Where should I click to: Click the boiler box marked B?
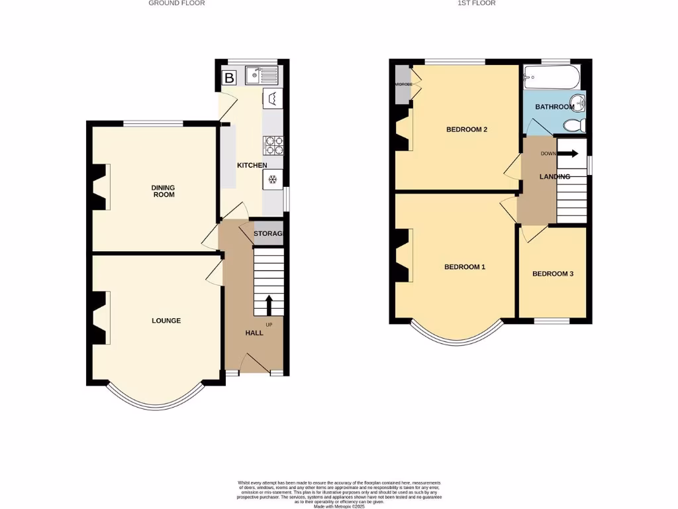click(229, 78)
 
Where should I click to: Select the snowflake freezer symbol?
click(271, 178)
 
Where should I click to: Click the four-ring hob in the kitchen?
click(272, 144)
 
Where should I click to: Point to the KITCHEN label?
click(252, 165)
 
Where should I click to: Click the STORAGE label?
click(268, 234)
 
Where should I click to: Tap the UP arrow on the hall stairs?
click(269, 306)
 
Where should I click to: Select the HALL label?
click(254, 333)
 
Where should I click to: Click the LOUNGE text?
click(166, 321)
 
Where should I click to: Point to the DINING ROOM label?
click(164, 192)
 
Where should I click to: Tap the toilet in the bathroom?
click(573, 125)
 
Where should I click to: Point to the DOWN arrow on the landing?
click(567, 154)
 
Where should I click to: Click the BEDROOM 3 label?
click(552, 274)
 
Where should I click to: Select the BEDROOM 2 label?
click(466, 129)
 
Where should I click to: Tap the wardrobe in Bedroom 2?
click(403, 84)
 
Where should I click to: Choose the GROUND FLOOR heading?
click(176, 3)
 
